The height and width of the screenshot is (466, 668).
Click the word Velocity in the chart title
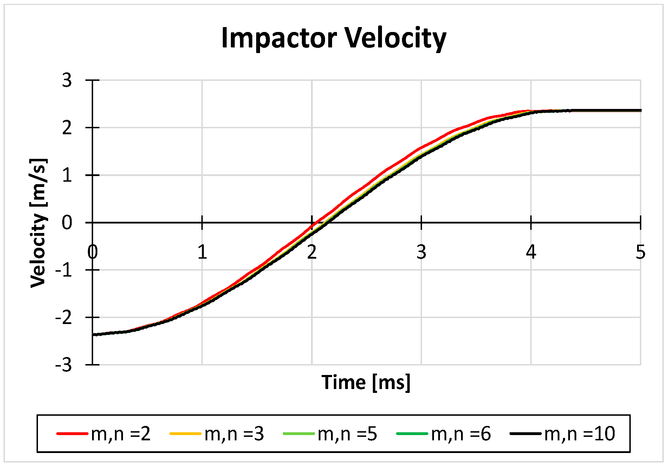coord(395,38)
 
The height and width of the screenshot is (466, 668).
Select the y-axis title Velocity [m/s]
coord(38,223)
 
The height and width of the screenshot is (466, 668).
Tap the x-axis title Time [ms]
coord(366,382)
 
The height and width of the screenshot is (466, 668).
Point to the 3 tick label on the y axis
coord(67,80)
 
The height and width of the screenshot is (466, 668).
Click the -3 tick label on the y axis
coord(64,365)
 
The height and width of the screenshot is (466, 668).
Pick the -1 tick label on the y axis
coord(64,270)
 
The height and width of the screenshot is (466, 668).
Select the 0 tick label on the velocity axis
coord(67,223)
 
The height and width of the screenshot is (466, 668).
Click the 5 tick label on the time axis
coord(640,252)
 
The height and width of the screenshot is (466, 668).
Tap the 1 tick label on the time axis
coord(202,252)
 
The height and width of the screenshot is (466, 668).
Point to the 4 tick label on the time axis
coord(531,252)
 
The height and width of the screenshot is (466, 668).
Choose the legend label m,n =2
coord(121,434)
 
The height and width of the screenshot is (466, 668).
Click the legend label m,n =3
coord(234,434)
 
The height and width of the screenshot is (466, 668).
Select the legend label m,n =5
coord(347,434)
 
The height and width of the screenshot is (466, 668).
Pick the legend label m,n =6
coord(461,434)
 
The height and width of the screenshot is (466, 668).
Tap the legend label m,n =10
coord(579,434)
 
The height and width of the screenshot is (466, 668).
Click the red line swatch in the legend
coord(72,434)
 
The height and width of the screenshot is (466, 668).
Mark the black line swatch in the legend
coord(525,434)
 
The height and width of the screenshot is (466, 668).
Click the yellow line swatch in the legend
coord(185,434)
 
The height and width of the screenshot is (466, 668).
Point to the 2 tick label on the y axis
coord(67,128)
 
